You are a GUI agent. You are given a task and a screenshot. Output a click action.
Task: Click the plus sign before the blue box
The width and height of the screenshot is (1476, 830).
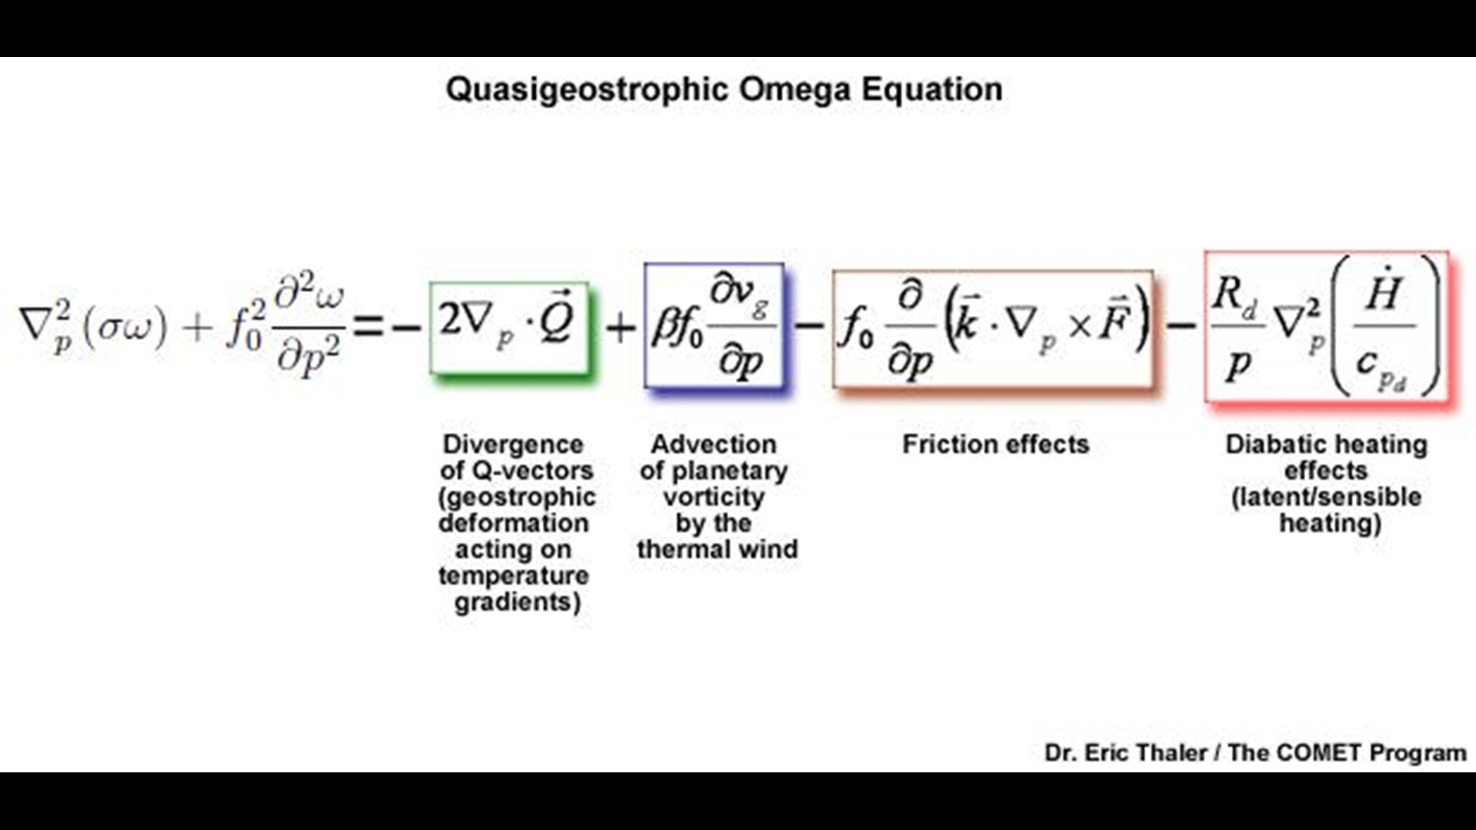[620, 328]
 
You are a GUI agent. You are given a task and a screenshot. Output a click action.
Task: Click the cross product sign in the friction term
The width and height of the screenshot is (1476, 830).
[1079, 327]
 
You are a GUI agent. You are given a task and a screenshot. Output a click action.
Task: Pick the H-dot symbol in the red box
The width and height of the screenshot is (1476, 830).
[1383, 289]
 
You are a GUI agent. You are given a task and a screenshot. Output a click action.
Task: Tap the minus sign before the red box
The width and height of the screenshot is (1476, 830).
[1181, 326]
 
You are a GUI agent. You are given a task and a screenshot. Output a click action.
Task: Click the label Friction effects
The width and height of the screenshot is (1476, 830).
[996, 444]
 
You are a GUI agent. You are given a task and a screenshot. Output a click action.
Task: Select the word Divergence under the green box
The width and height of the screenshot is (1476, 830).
[513, 444]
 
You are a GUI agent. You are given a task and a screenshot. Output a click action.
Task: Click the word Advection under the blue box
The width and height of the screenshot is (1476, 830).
[713, 444]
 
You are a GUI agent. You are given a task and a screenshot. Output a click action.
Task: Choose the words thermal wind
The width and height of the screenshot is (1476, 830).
[717, 549]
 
